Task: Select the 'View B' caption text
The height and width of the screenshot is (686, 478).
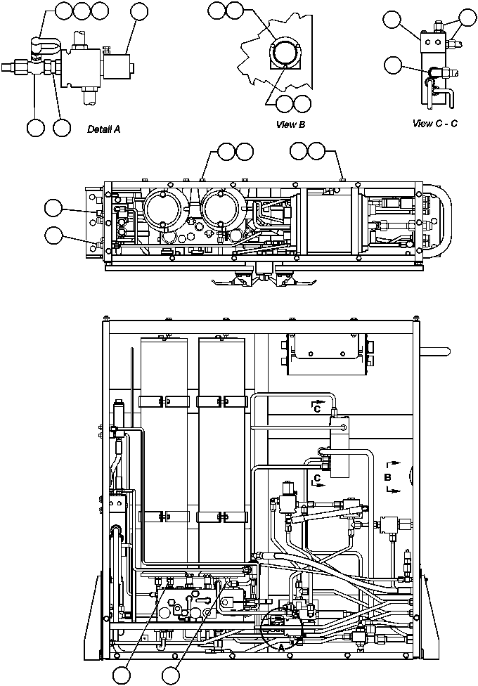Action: [x=291, y=124]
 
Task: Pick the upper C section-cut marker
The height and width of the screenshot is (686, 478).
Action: [x=316, y=406]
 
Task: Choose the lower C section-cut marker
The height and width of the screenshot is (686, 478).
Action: [x=316, y=478]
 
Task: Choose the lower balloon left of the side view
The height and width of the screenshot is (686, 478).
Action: [x=53, y=234]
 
